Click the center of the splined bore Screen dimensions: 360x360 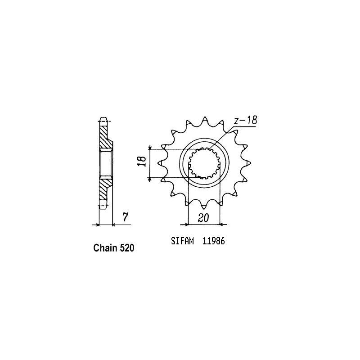point(203,164)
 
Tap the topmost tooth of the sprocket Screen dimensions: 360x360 point(204,119)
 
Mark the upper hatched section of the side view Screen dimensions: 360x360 point(104,137)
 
